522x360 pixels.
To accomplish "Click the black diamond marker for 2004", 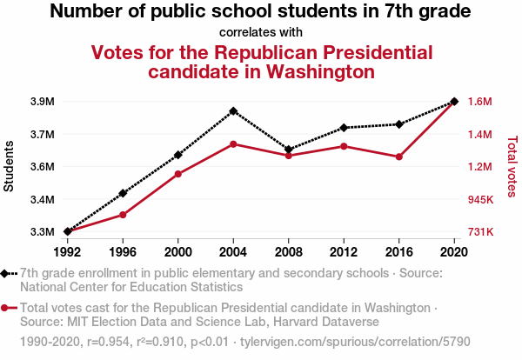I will (x=233, y=111).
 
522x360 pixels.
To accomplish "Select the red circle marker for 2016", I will (x=399, y=157).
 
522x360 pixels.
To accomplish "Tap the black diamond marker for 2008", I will (x=289, y=150).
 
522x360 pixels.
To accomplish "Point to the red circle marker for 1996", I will (x=123, y=215).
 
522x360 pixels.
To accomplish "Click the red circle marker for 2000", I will (x=178, y=174).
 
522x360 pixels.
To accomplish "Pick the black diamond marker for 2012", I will (x=344, y=128).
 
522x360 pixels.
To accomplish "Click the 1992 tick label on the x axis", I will (x=67, y=252).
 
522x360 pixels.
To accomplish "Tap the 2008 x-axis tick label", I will (x=289, y=252).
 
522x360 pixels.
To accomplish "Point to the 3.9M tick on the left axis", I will (x=42, y=102).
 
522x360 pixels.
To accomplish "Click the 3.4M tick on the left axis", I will (x=42, y=200).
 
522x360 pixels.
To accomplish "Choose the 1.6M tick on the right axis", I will (x=480, y=102).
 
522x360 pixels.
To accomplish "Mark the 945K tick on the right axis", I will (x=481, y=200).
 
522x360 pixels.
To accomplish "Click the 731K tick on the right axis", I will (x=481, y=232).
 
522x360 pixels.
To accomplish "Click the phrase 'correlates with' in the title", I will (x=261, y=32).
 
